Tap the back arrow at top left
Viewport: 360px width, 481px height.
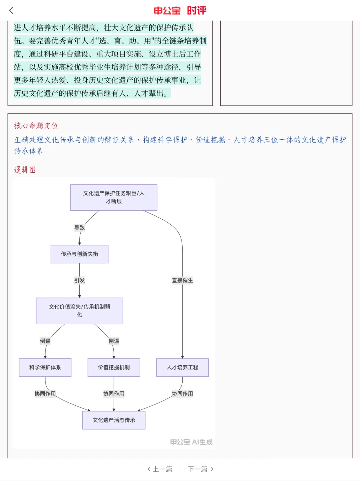coord(11,10)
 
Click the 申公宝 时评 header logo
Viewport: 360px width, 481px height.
coord(180,11)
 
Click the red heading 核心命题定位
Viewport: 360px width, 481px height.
coord(36,126)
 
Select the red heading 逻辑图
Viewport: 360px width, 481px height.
coord(25,170)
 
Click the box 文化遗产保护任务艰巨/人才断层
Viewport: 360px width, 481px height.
coord(114,197)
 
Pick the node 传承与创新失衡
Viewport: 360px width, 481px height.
coord(79,254)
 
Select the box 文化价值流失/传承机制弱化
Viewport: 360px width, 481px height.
coord(79,311)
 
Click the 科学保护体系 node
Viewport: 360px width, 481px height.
coord(45,367)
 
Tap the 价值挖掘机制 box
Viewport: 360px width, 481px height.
coord(114,367)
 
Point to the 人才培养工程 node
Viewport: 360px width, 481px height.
coord(182,367)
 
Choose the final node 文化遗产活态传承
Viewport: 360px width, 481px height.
coord(114,420)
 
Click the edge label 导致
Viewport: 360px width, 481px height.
coord(79,228)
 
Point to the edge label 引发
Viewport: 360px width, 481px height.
coord(79,280)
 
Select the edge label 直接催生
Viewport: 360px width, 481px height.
coord(182,280)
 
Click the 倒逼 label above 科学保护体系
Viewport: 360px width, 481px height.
coord(45,341)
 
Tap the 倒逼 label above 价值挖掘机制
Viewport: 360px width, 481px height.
coord(114,341)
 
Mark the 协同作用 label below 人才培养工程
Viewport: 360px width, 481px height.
coord(182,394)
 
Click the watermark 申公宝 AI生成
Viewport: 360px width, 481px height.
coord(191,442)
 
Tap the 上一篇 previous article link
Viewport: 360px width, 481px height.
coord(160,469)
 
